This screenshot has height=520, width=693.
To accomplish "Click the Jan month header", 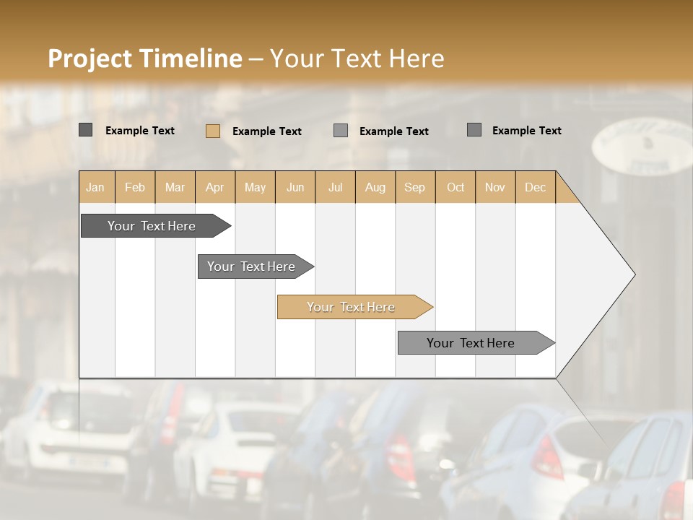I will (95, 188).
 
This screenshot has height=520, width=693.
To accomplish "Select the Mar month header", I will (175, 188).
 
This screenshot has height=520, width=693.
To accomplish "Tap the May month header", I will (255, 188).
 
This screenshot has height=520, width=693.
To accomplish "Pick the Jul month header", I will (335, 188).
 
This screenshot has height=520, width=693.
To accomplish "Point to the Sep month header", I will (414, 188).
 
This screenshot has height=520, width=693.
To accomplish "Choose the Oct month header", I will (456, 188).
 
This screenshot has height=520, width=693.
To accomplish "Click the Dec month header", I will (535, 188).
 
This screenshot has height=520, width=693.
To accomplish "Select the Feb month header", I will (135, 188).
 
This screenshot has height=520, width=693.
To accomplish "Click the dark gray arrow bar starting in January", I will (152, 226).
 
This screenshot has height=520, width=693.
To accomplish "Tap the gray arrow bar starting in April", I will (252, 266).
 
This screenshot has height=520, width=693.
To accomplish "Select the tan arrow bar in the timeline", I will (352, 307).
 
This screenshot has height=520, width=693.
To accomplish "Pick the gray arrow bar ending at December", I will (471, 343).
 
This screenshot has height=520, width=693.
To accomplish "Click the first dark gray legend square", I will (85, 130).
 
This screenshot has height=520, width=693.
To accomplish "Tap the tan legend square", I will (213, 131).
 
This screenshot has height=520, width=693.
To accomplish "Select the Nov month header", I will (495, 188).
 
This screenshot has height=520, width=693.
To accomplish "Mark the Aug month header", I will (375, 188).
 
